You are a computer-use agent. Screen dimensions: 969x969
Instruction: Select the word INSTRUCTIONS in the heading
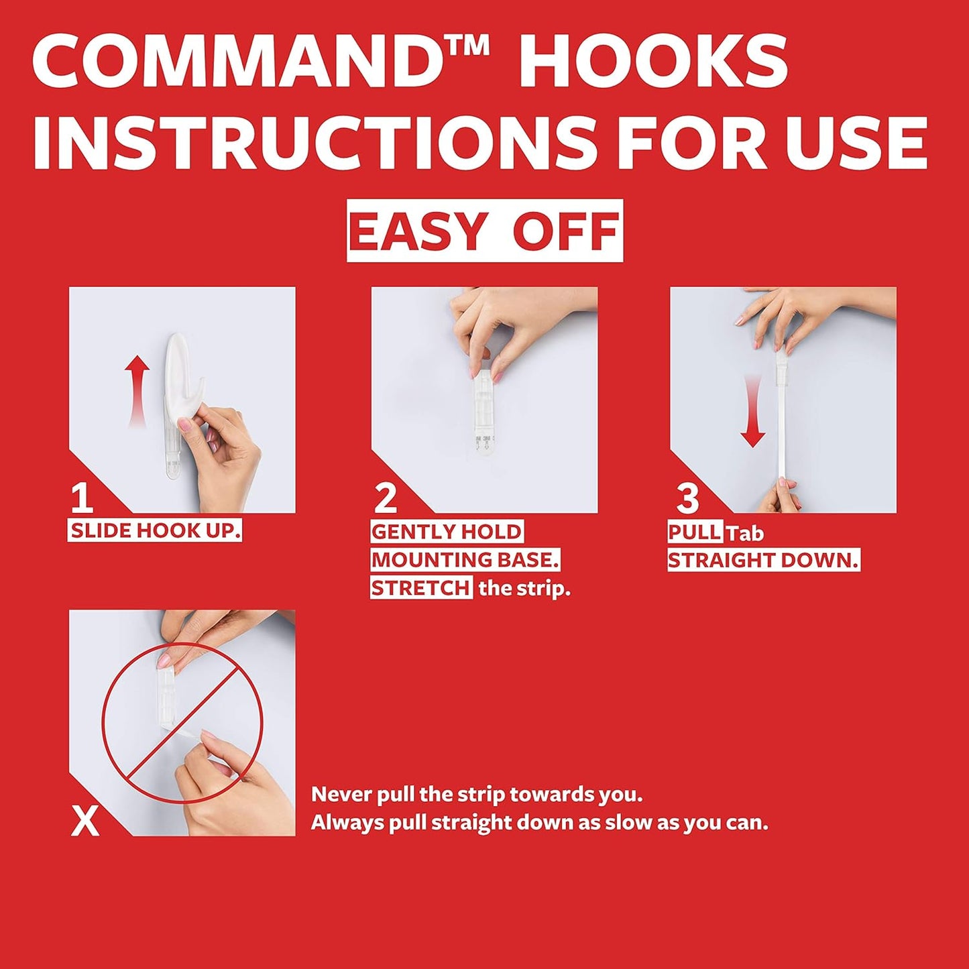point(315,143)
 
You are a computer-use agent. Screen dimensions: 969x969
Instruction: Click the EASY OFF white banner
point(484,231)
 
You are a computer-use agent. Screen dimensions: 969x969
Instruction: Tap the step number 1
point(81,499)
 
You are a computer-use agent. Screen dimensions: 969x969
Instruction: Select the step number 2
point(386,499)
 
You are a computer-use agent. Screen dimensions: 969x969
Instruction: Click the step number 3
point(687,499)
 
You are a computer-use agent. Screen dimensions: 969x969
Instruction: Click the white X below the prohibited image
point(85,821)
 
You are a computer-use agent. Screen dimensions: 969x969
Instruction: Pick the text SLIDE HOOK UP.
point(155,531)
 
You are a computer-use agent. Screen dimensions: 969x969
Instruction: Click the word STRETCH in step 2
point(421,588)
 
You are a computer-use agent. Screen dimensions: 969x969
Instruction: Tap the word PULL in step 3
point(695,532)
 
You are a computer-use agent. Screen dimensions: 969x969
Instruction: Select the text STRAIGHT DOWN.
point(763,561)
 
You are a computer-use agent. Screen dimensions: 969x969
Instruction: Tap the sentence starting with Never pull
point(477,795)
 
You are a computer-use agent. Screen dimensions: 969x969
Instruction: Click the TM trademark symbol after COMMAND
point(473,46)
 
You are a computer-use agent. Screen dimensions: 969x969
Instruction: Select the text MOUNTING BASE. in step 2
point(465,560)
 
